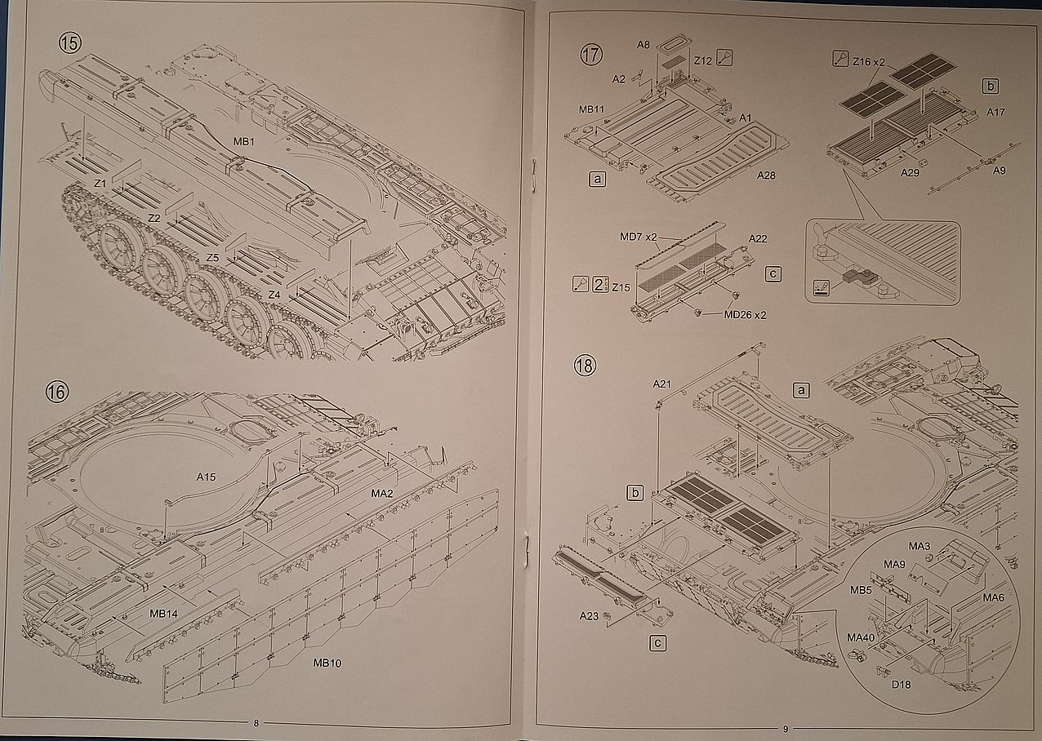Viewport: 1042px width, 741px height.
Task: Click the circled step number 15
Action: tap(69, 42)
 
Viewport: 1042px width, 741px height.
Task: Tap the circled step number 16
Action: tap(57, 392)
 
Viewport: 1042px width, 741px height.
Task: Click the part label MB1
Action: tap(244, 142)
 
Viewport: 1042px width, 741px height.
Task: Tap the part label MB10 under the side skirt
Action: tap(327, 663)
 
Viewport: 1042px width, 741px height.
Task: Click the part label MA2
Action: tap(383, 494)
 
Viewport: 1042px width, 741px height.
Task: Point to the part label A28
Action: tap(768, 175)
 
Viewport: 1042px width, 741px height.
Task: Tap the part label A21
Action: tap(661, 383)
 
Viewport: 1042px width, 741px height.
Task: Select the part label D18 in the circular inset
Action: tap(900, 685)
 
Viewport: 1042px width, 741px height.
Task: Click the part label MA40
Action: tap(861, 637)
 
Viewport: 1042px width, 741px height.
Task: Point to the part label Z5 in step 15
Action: tap(212, 257)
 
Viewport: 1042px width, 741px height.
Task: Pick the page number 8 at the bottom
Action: tap(256, 722)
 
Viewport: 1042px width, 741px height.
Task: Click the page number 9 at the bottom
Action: tap(785, 729)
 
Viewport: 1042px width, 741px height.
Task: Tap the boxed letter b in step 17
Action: tap(991, 86)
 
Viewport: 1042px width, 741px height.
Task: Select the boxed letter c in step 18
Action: tap(658, 643)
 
